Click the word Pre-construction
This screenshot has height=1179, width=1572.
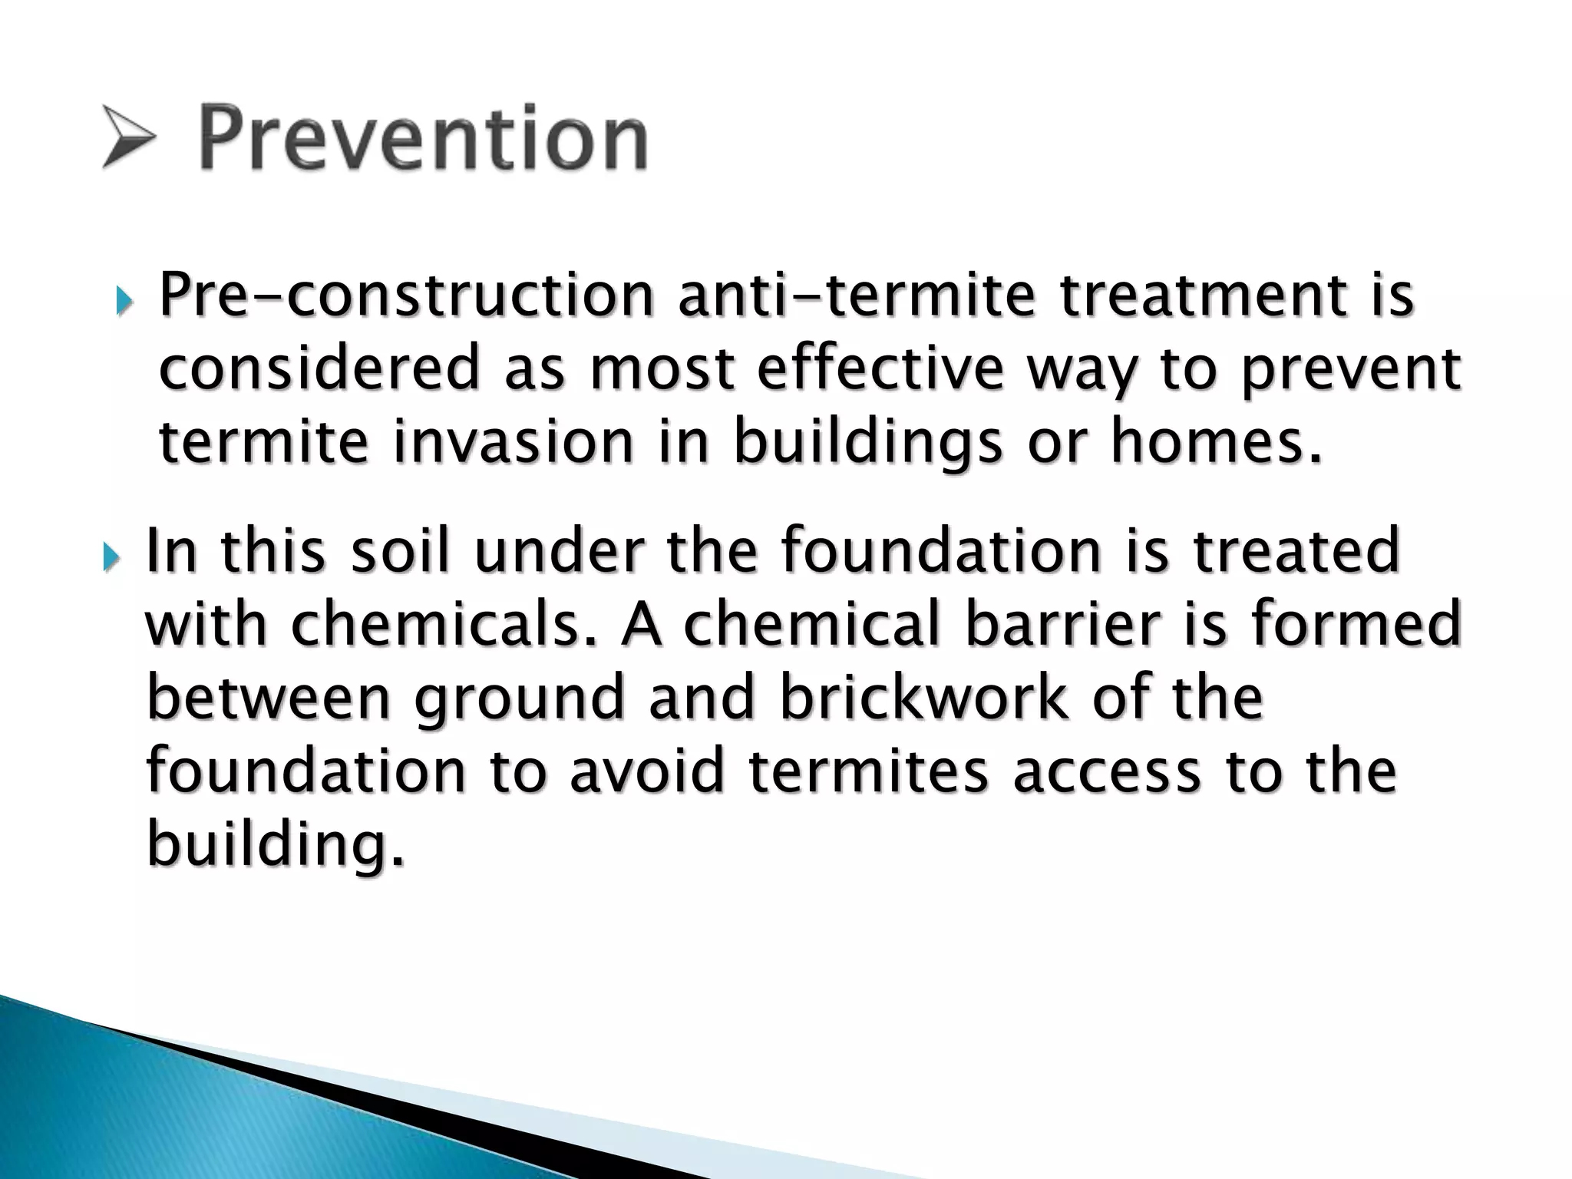[405, 296]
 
